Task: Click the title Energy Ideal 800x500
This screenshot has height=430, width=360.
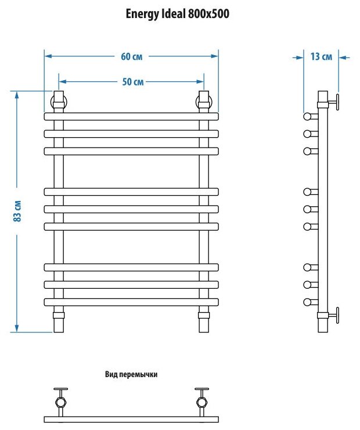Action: tap(178, 15)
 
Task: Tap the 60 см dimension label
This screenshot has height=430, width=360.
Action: tap(131, 56)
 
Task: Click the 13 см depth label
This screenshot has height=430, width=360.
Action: tap(321, 57)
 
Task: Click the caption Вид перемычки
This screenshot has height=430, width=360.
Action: tap(132, 375)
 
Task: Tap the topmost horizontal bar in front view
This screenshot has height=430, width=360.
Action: tap(131, 116)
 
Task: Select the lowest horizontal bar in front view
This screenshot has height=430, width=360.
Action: tap(131, 302)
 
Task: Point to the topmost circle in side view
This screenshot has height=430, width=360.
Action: tap(307, 116)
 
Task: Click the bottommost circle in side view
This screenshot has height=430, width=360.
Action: tap(307, 302)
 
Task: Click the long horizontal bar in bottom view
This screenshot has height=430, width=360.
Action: tap(131, 419)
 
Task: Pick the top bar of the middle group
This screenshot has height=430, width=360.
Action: tap(131, 191)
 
